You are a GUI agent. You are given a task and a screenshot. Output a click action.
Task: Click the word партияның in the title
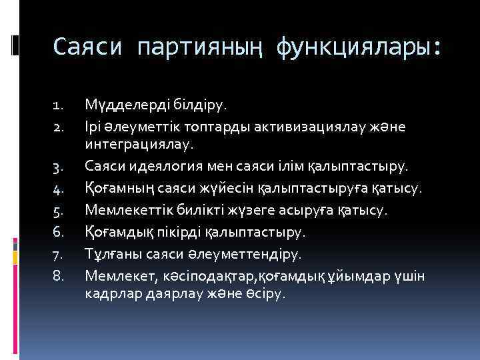[200, 47]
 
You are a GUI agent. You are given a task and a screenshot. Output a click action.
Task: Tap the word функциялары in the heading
[357, 47]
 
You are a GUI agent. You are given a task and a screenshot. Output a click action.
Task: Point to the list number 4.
[57, 191]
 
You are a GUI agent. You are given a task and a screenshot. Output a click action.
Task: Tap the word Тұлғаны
[111, 254]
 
